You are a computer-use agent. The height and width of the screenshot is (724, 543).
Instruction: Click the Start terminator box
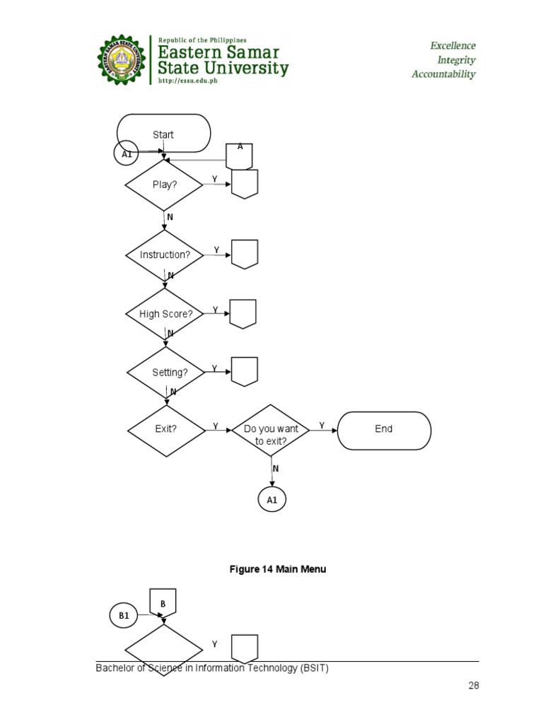pyautogui.click(x=163, y=134)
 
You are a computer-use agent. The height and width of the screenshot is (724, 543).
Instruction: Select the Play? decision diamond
pyautogui.click(x=164, y=185)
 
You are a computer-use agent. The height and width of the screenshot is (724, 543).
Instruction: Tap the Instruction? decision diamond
pyautogui.click(x=165, y=255)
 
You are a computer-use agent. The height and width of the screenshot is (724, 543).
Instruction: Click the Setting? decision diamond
pyautogui.click(x=166, y=372)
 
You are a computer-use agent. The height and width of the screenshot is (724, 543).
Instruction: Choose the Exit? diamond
pyautogui.click(x=165, y=428)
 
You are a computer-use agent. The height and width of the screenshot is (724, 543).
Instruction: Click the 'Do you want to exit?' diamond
pyautogui.click(x=271, y=433)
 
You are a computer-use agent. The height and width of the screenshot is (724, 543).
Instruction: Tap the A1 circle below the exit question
pyautogui.click(x=272, y=500)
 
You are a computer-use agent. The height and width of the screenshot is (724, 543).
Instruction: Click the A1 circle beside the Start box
pyautogui.click(x=126, y=153)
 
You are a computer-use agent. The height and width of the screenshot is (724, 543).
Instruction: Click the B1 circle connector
pyautogui.click(x=124, y=616)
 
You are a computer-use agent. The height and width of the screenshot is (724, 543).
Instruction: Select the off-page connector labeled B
pyautogui.click(x=163, y=603)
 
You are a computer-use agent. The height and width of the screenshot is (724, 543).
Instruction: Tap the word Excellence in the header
pyautogui.click(x=453, y=46)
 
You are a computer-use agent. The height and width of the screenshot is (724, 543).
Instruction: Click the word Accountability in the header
pyautogui.click(x=443, y=74)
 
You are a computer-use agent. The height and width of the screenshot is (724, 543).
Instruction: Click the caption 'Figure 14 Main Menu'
pyautogui.click(x=278, y=569)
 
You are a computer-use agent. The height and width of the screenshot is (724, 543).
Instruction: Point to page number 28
pyautogui.click(x=473, y=685)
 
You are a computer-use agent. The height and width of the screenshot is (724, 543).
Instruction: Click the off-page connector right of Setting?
pyautogui.click(x=245, y=371)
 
